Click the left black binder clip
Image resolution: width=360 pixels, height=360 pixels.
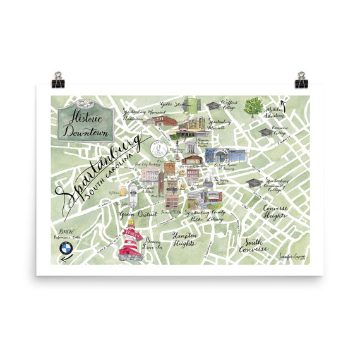[57, 80]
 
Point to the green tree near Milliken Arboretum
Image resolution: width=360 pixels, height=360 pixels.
[254, 106]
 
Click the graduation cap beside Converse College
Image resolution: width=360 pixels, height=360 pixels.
[265, 133]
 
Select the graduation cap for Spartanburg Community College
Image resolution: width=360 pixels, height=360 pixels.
[254, 183]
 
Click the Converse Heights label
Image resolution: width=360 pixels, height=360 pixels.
[275, 214]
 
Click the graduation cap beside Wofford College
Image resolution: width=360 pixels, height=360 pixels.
[213, 105]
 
